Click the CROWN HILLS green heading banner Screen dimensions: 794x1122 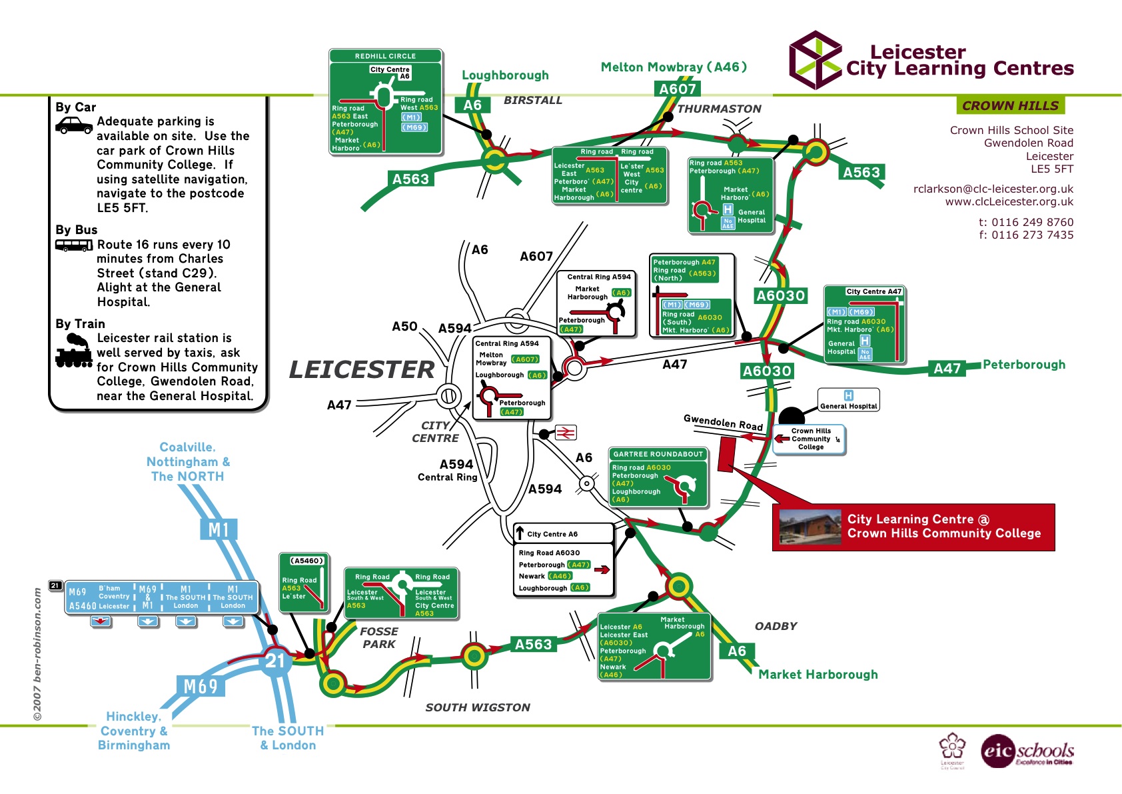tap(1010, 105)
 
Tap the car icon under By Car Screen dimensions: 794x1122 tap(73, 125)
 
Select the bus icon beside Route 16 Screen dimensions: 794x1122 tap(73, 245)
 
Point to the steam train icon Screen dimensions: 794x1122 tap(73, 352)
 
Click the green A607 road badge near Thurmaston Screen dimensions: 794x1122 tap(677, 89)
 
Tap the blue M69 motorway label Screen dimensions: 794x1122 tap(200, 687)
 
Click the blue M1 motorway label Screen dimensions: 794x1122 tap(219, 530)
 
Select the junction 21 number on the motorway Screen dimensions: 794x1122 tap(275, 661)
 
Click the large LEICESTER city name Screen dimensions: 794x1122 tap(361, 369)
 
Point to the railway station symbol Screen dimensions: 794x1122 tap(566, 433)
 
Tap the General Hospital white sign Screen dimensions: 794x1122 tap(848, 400)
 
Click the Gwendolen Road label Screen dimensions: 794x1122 tap(723, 422)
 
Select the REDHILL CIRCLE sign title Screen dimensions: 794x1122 tap(385, 56)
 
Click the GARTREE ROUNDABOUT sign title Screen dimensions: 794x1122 tap(658, 454)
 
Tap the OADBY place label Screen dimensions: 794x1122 tap(776, 626)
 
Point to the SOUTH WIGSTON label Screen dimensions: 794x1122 tap(478, 707)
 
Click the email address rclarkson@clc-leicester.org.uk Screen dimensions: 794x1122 tap(993, 189)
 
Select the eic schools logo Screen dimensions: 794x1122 tap(1027, 752)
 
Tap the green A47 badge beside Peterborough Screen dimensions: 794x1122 tap(947, 369)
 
